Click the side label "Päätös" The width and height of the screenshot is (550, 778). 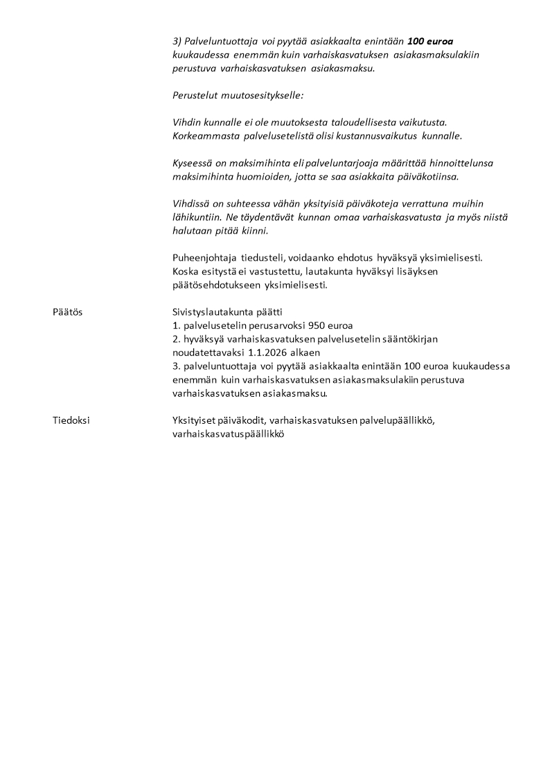67,312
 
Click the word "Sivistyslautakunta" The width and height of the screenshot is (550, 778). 211,312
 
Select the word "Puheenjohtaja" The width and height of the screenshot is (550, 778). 201,257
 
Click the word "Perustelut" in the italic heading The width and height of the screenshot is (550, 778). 194,95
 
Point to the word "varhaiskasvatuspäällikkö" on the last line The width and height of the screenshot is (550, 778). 229,434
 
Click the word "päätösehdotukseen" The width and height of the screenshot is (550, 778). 213,285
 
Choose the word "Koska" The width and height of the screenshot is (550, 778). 185,271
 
